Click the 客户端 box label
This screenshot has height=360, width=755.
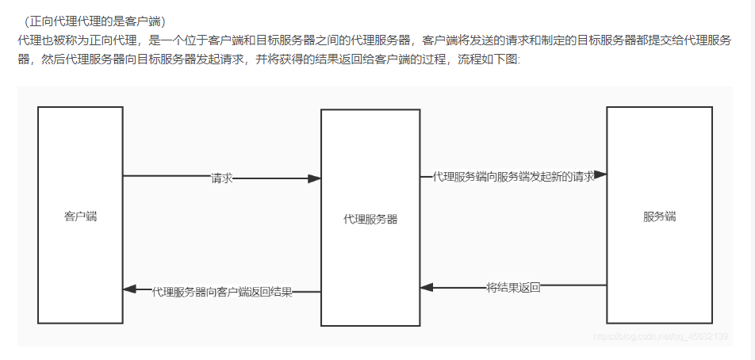click(x=80, y=216)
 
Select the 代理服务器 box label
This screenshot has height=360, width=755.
click(x=370, y=219)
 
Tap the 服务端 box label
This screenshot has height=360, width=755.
click(x=659, y=216)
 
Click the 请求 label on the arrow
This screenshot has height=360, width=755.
click(x=221, y=178)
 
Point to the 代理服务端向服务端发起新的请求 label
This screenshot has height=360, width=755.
click(x=513, y=177)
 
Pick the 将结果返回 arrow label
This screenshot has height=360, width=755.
click(x=513, y=288)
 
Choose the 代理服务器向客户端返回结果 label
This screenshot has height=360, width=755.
click(x=222, y=292)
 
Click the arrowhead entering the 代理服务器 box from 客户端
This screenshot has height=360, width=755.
click(x=315, y=178)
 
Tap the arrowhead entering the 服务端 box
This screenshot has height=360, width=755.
click(x=600, y=174)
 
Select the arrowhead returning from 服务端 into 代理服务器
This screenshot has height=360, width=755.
click(x=427, y=288)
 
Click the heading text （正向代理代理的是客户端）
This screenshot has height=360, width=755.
click(x=94, y=21)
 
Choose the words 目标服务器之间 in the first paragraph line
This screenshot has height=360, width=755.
click(x=301, y=40)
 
